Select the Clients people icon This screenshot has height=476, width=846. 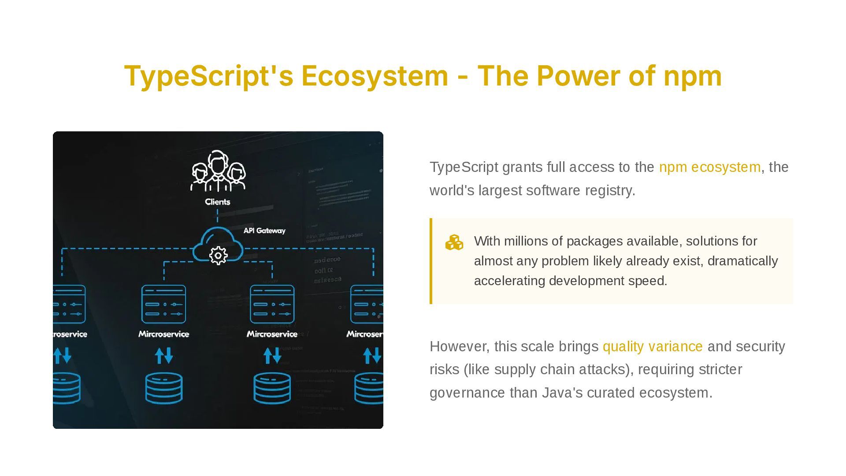[x=218, y=171]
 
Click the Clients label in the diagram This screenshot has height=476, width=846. [x=218, y=202]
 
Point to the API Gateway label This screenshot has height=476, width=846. [x=264, y=231]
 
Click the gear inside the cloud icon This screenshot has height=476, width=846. [x=218, y=256]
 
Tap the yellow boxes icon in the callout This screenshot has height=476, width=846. [x=454, y=242]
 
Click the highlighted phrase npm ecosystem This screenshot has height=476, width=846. [x=709, y=167]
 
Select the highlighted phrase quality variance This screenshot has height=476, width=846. [x=652, y=346]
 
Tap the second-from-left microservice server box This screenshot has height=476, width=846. [x=163, y=304]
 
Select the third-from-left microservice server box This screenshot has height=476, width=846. [x=272, y=304]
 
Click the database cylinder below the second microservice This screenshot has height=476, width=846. [x=163, y=388]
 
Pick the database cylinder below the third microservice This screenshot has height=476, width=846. [x=272, y=388]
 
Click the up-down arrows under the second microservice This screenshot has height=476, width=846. [x=163, y=356]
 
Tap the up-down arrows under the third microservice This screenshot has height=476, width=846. [x=272, y=356]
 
